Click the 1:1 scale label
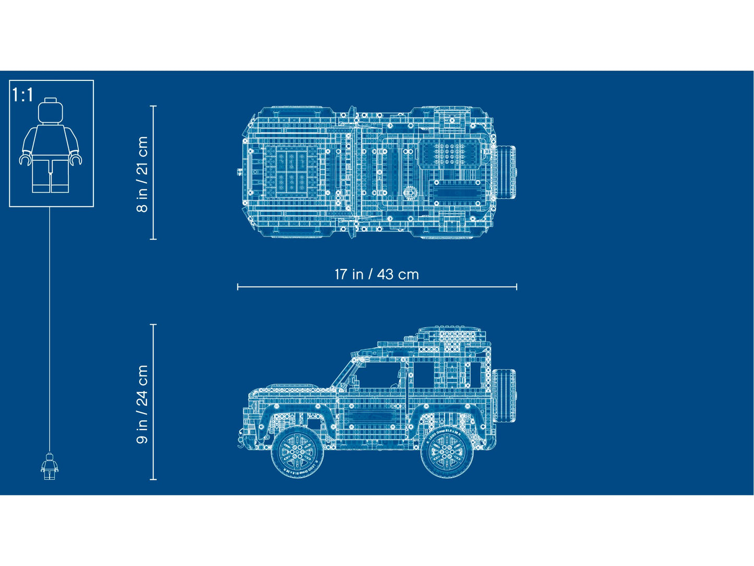tap(23, 95)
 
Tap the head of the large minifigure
tap(51, 110)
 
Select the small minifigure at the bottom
tap(50, 466)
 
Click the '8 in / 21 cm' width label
tap(142, 174)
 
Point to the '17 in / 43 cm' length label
tap(376, 274)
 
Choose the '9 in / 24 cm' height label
tap(142, 404)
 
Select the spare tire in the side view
tap(504, 395)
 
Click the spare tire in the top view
tap(506, 172)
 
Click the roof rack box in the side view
tap(449, 334)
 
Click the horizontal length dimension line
tap(376, 287)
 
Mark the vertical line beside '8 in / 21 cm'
tap(153, 172)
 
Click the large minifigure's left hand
tap(76, 159)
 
